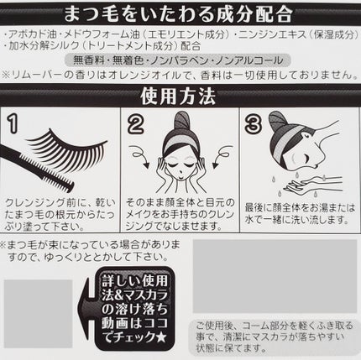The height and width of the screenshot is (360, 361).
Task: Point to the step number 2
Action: (135, 126)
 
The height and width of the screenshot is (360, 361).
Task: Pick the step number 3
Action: (253, 126)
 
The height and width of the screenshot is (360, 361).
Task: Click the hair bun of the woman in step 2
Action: (182, 120)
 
